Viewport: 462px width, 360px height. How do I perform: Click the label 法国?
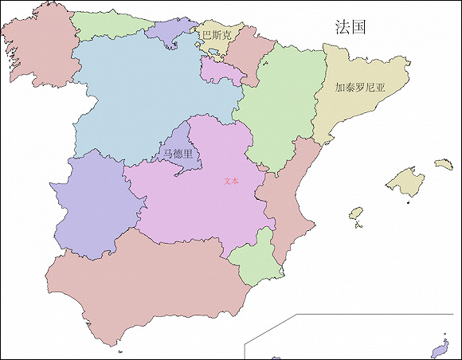[350, 27]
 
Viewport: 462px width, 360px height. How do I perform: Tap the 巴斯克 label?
[216, 36]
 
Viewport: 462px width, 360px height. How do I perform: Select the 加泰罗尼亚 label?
[359, 88]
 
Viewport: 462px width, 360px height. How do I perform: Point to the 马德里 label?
[178, 154]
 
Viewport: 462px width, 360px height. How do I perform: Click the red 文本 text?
[231, 181]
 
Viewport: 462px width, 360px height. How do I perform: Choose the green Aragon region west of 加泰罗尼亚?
[279, 104]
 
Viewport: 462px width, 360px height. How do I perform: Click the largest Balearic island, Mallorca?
[405, 181]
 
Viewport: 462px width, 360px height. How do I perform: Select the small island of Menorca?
[443, 164]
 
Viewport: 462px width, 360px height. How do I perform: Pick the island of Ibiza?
[356, 214]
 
